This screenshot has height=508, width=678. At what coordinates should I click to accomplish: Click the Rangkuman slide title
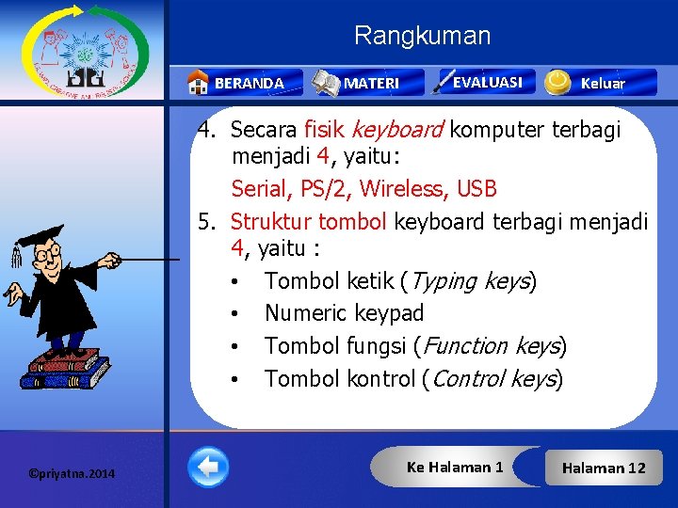422,37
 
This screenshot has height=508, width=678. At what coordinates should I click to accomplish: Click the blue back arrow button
207,467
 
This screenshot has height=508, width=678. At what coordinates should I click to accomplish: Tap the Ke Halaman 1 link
455,467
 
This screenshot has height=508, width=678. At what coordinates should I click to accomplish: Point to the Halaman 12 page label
604,468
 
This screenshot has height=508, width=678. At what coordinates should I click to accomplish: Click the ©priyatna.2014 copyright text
72,473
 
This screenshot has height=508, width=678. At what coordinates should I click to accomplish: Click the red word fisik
325,129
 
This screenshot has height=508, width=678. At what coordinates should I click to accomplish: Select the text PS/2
327,189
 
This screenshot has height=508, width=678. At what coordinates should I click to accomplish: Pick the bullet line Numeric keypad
344,313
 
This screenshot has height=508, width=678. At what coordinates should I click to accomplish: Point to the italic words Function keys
492,346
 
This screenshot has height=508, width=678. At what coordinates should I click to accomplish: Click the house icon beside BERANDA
198,83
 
